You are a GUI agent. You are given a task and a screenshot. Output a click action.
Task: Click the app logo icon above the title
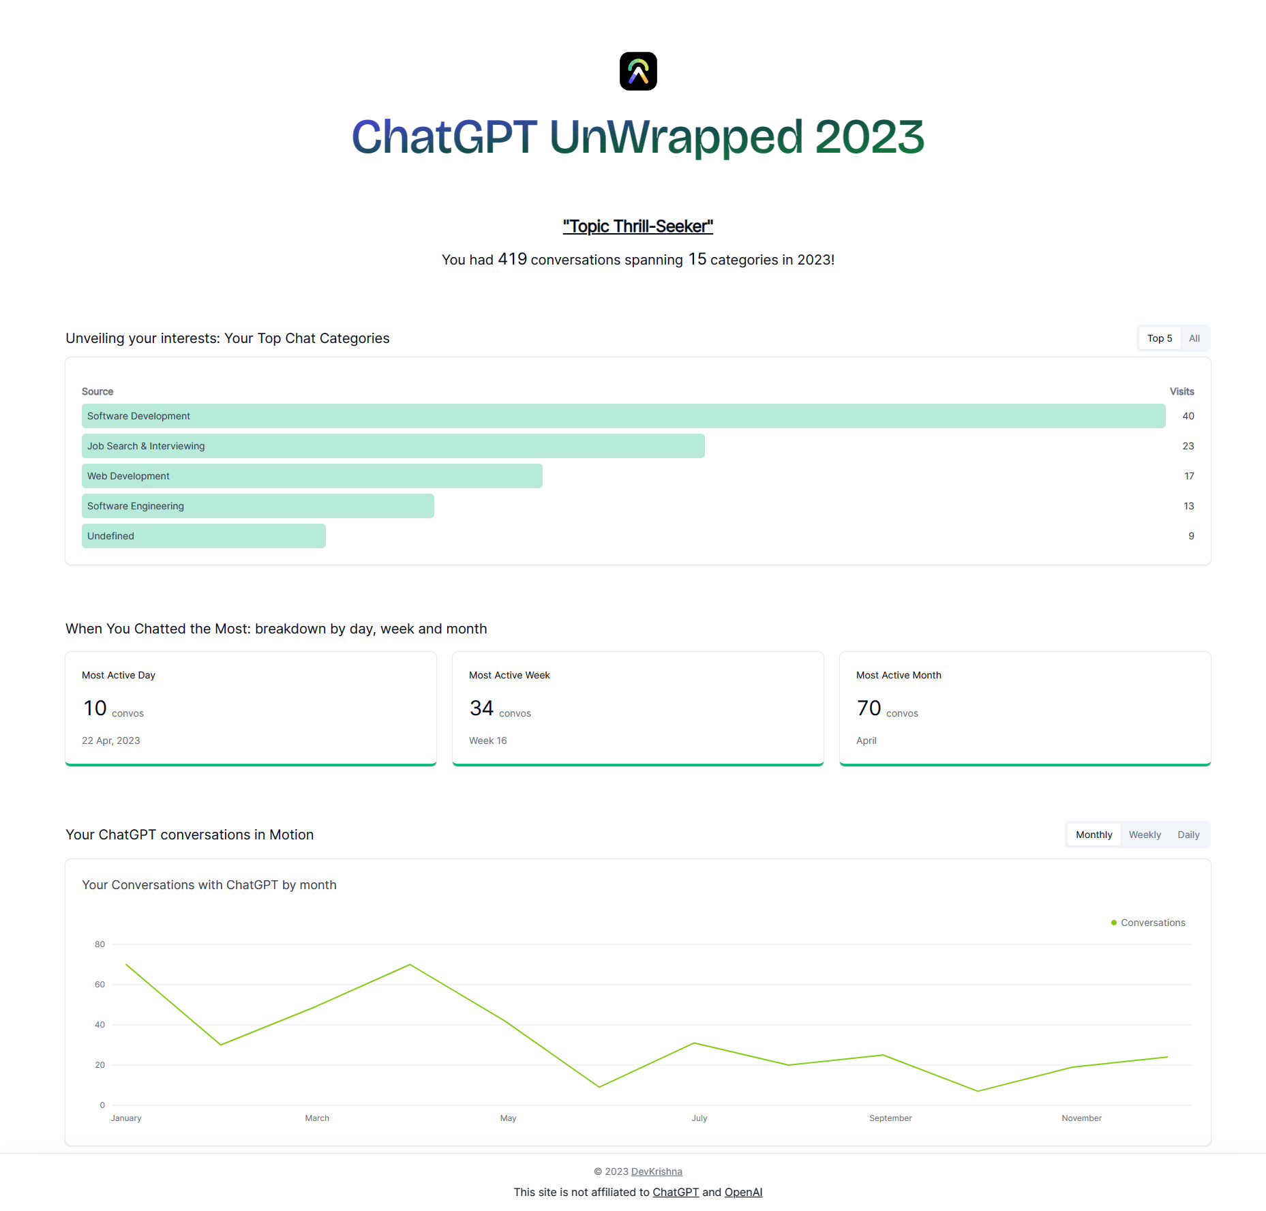(638, 71)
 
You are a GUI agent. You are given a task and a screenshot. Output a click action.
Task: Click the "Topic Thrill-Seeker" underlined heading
(637, 226)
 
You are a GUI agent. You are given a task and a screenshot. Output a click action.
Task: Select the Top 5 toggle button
(1159, 338)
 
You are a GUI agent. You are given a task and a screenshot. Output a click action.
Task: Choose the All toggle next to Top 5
(1194, 338)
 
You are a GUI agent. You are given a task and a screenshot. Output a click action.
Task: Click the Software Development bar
(623, 416)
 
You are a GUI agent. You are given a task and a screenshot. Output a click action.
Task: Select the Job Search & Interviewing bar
(393, 446)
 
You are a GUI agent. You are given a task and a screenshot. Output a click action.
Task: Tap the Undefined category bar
(203, 536)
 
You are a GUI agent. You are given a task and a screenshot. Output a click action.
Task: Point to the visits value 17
(1189, 476)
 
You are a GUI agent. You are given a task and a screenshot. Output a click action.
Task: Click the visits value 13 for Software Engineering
(1188, 506)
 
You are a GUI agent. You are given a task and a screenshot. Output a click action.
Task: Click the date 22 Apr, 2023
(111, 741)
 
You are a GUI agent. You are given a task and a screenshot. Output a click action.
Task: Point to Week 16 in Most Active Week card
(487, 741)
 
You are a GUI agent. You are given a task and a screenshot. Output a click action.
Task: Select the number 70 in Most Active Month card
(869, 708)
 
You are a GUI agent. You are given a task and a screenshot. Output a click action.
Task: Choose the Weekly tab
(1145, 835)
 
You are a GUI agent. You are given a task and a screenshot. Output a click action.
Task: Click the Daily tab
(1188, 835)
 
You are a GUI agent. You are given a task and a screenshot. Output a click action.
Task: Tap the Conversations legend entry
(1152, 923)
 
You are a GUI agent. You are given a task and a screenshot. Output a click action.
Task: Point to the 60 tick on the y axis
(100, 985)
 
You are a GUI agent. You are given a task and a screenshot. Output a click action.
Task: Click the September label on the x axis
(890, 1118)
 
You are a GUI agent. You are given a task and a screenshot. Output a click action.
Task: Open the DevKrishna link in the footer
(657, 1171)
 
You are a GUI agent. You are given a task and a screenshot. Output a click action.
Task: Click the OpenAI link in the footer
(743, 1192)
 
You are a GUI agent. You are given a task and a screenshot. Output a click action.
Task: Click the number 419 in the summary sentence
(512, 259)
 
